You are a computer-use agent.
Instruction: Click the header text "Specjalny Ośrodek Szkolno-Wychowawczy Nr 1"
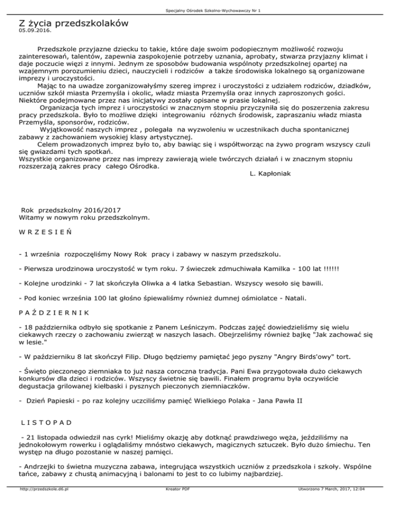197,10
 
